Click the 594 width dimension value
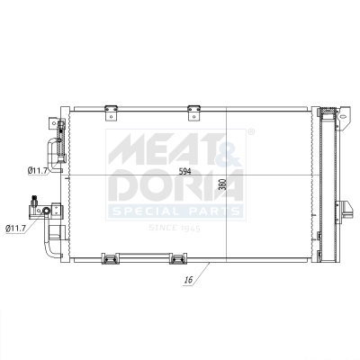point(184,171)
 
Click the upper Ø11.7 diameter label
point(38,170)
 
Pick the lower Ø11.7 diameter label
point(18,229)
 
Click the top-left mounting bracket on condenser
point(112,110)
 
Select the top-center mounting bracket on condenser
point(193,110)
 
